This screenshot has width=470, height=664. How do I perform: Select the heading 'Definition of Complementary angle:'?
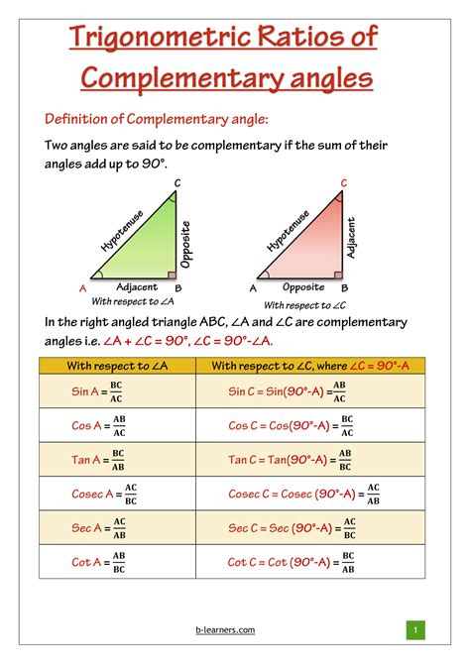tap(157, 120)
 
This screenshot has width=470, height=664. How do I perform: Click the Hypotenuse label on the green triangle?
tap(122, 229)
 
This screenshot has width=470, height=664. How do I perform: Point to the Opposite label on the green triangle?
tap(185, 242)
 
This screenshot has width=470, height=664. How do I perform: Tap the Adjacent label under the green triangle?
tap(137, 285)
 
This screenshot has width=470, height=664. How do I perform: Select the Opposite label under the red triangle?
tap(302, 286)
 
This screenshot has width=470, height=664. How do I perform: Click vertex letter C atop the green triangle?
tap(176, 182)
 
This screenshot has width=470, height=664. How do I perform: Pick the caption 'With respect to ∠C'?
tap(304, 304)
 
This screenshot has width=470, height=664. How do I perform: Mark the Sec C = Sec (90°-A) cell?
tap(294, 528)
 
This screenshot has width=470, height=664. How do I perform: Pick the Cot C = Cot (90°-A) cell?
tap(294, 562)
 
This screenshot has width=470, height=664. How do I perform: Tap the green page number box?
tap(415, 629)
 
